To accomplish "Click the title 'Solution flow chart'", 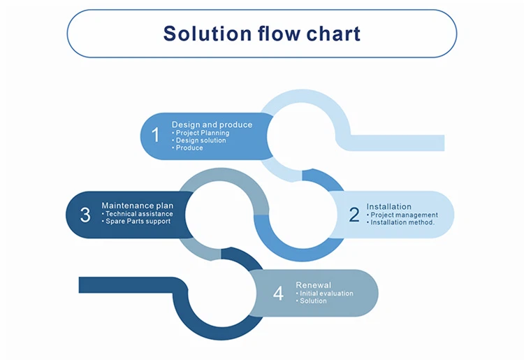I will tap(261, 34).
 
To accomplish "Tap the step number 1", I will tap(156, 135).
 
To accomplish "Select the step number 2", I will tap(354, 215).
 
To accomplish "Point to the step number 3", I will tap(85, 215).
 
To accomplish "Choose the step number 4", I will tap(278, 294).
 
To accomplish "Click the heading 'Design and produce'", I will tap(212, 124).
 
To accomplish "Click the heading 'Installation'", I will tap(388, 207).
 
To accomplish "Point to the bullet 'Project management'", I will tap(403, 215).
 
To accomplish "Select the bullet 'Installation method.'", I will tap(401, 223).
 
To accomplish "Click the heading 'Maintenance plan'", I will tap(137, 206).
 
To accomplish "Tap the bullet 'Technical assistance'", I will tap(138, 214).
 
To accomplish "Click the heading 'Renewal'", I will tap(313, 285).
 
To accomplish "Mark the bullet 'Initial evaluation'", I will tap(325, 294).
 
